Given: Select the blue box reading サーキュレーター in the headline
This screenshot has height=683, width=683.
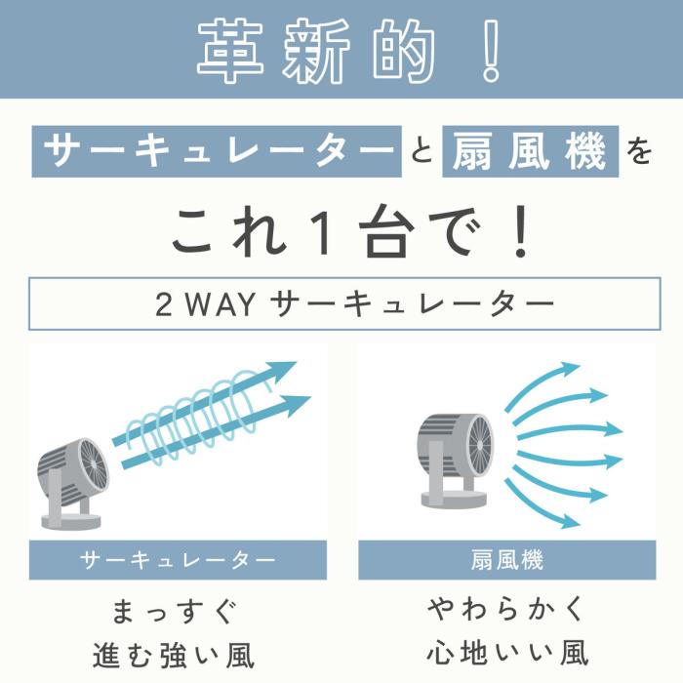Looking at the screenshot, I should click(x=216, y=152).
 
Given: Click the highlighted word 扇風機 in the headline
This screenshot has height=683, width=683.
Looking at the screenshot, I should click(x=530, y=152).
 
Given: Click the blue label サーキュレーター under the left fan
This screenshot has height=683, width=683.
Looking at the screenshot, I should click(x=177, y=560).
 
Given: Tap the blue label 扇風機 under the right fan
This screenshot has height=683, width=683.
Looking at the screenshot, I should click(x=505, y=560).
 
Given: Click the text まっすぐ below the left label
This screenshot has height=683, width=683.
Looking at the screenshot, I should click(x=177, y=612).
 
